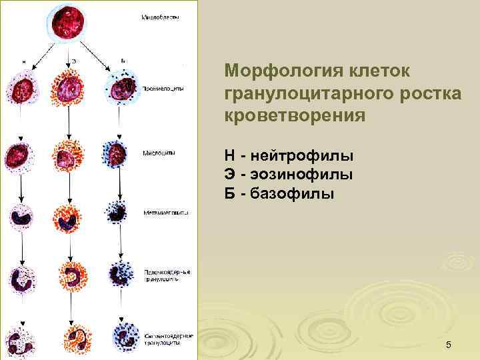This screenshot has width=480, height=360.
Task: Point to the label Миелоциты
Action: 160,152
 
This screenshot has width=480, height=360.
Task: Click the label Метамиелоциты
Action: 166,213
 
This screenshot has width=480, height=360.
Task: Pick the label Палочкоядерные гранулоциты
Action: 167,275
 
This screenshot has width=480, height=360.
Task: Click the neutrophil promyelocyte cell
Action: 21,90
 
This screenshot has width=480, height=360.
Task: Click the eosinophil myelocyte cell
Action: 69,156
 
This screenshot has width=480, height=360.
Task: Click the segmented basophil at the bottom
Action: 121,340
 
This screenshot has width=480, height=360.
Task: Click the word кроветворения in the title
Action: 295,115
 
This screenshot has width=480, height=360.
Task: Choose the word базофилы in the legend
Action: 296,194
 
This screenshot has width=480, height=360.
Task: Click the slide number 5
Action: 449,345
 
